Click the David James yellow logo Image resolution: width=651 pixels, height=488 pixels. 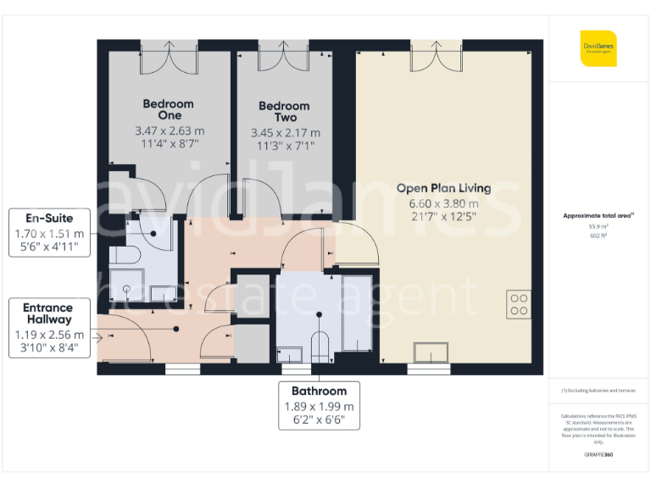(x=598, y=47)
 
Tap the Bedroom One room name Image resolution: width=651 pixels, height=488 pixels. (x=168, y=109)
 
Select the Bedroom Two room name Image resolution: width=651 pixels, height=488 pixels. (x=284, y=112)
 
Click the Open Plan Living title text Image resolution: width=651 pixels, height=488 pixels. (x=443, y=188)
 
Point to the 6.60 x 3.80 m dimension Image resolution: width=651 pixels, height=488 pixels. (x=443, y=203)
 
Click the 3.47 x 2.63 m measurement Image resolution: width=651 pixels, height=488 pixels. (x=170, y=131)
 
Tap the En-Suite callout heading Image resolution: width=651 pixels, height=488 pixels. (x=49, y=219)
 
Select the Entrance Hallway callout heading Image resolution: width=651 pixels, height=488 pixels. (x=47, y=313)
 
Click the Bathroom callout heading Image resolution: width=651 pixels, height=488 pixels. (x=319, y=391)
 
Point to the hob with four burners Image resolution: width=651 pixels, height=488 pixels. (x=518, y=304)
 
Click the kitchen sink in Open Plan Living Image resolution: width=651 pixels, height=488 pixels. (x=431, y=352)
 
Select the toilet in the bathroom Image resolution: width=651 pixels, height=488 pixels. (x=320, y=347)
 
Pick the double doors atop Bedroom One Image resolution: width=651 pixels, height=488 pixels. (x=168, y=57)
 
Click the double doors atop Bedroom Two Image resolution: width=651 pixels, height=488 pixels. (x=283, y=57)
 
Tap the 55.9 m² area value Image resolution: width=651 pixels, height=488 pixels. (x=598, y=226)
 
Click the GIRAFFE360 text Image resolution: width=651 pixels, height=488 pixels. (x=598, y=455)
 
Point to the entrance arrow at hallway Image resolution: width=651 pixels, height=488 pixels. (x=102, y=337)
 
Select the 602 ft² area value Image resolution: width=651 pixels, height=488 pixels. (x=598, y=236)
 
